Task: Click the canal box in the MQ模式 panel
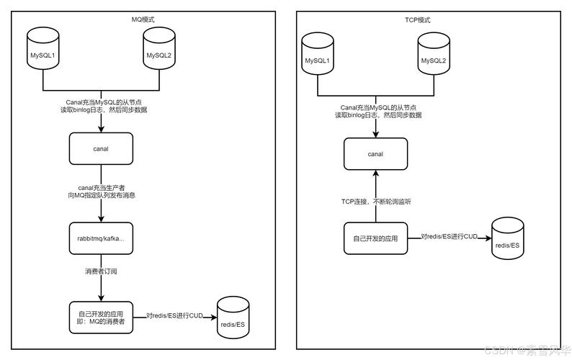point(101,149)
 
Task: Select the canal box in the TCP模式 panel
point(375,153)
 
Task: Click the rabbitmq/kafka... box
point(101,238)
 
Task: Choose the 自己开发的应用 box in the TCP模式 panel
point(375,238)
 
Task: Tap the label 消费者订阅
point(101,271)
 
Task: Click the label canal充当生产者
point(102,186)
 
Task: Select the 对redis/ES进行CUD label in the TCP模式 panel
point(449,236)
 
